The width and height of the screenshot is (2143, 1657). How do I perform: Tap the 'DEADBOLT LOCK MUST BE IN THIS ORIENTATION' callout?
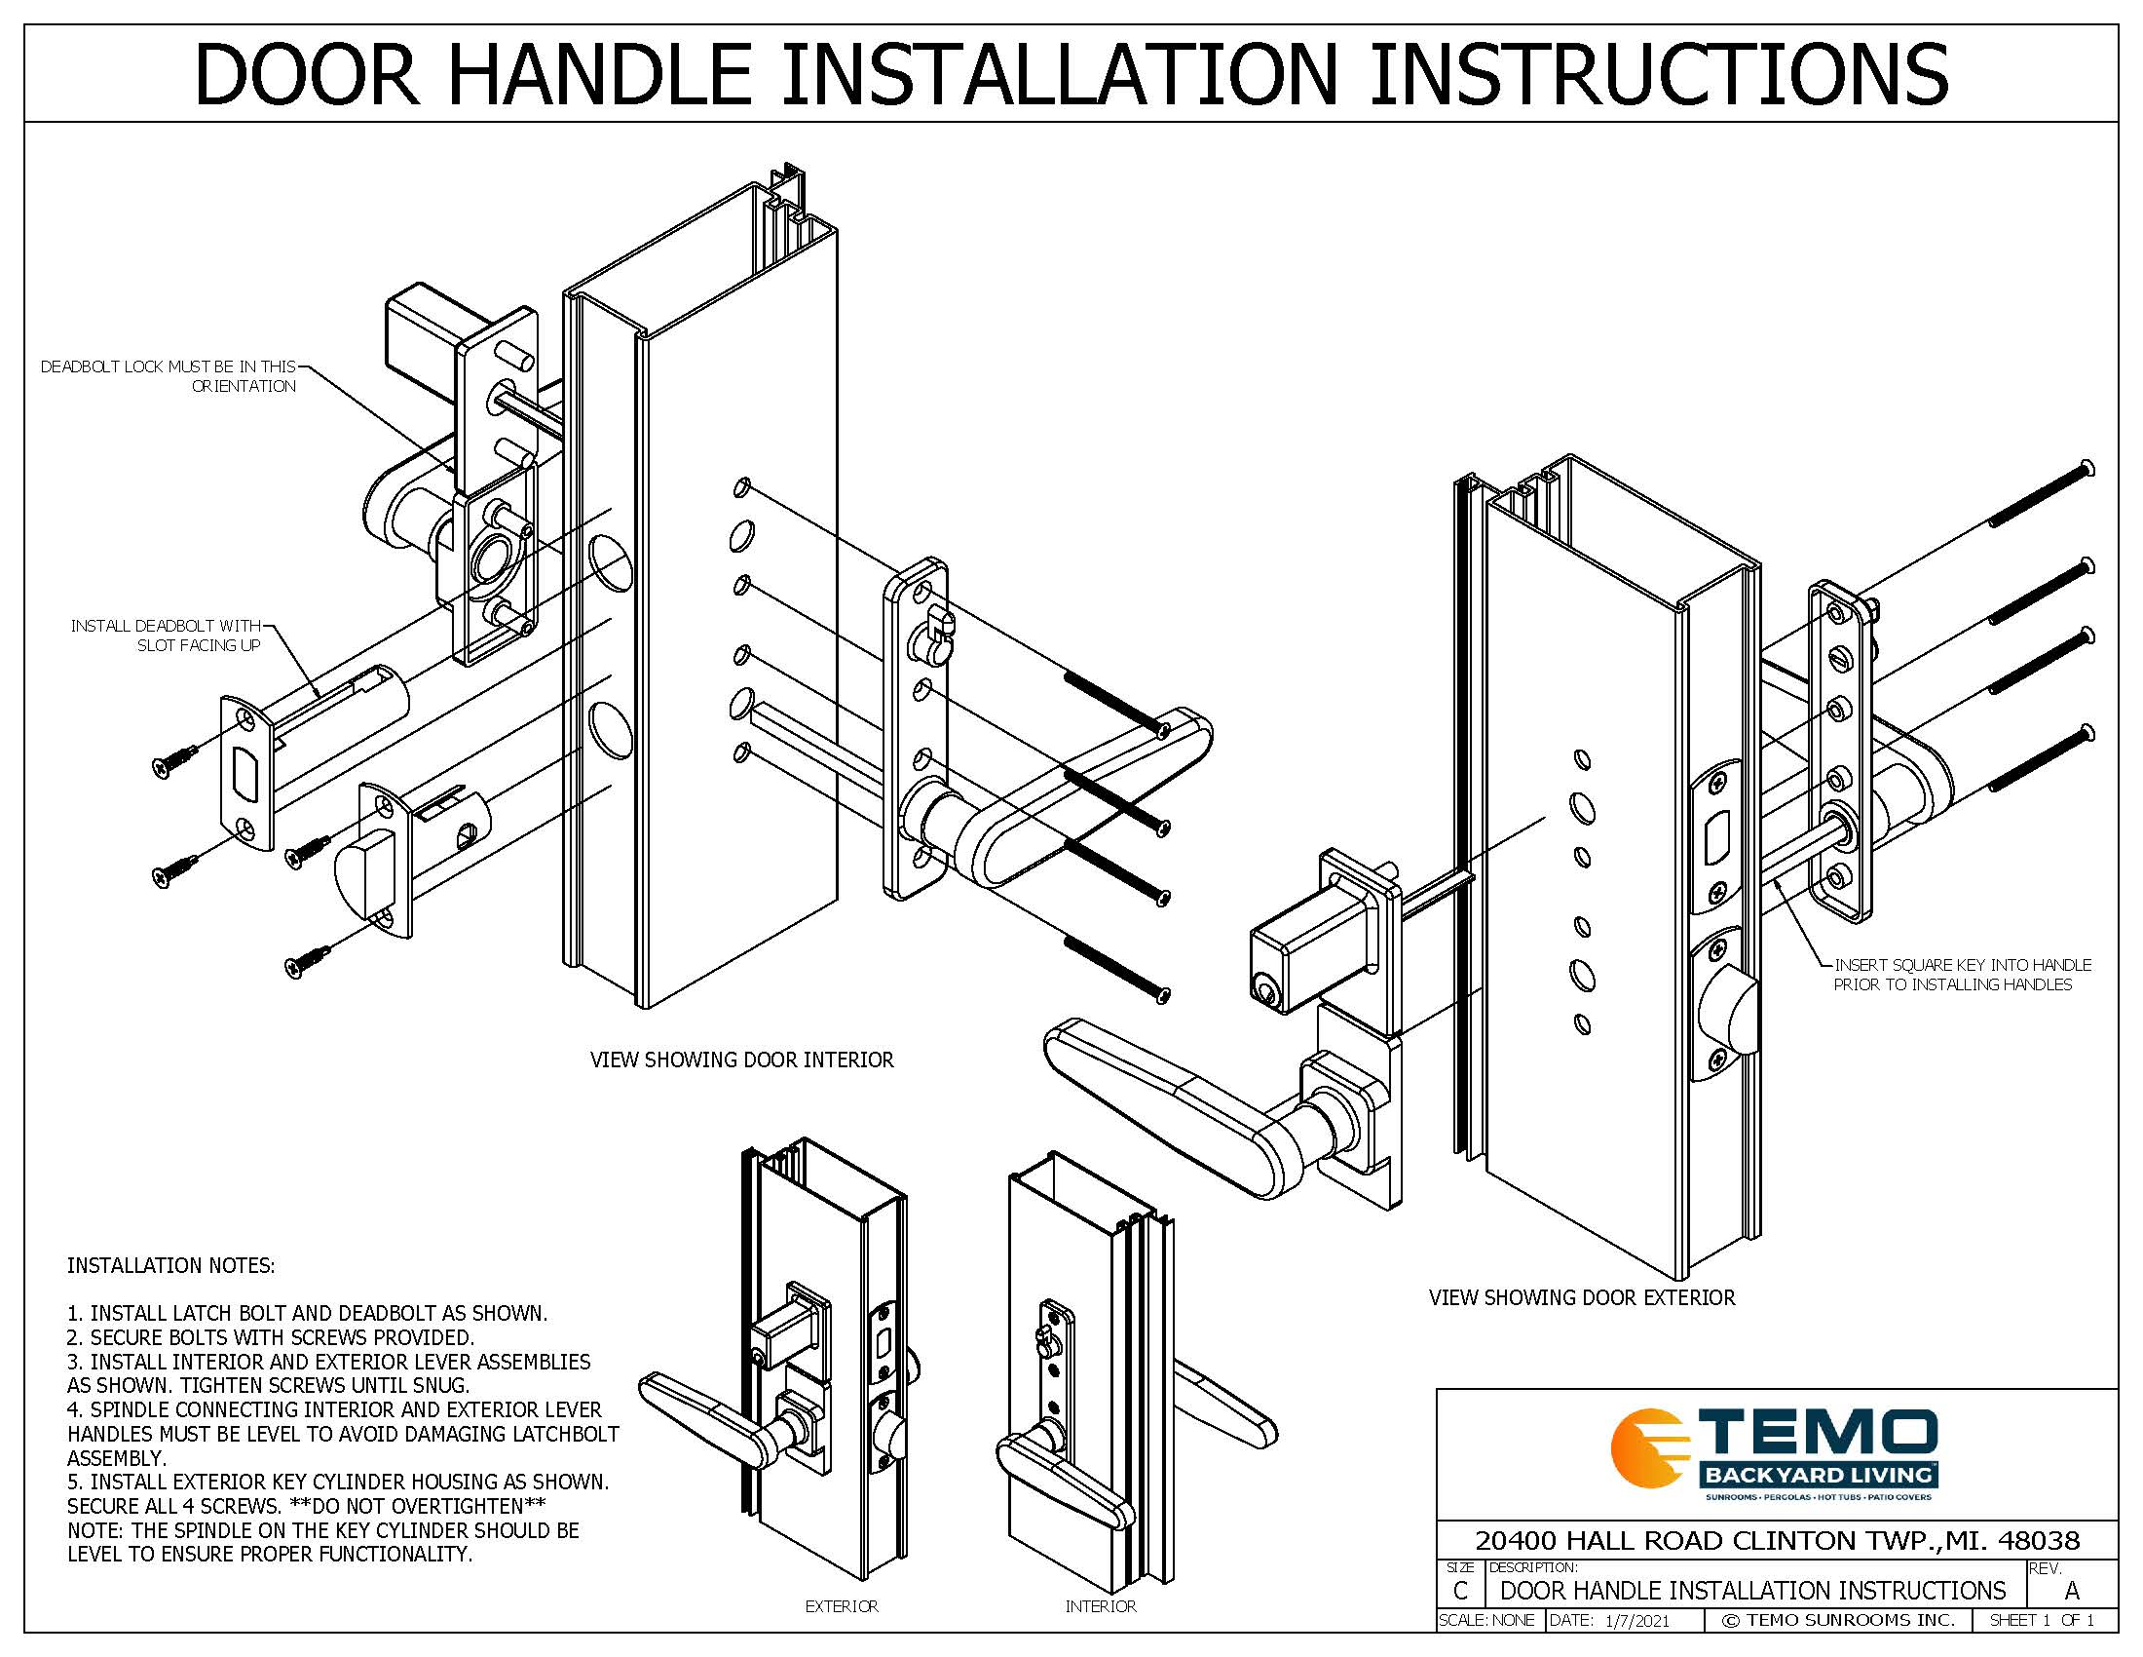coord(168,376)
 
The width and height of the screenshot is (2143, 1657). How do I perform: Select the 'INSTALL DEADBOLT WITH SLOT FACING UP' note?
coord(166,636)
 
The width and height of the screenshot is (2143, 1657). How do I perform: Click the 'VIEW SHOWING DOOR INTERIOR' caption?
coord(742,1060)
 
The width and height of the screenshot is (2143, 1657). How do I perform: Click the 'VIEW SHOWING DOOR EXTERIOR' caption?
coord(1582,1297)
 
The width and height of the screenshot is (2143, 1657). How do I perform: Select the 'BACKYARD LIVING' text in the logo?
coord(1819,1475)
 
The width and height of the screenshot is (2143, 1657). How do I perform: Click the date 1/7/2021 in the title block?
coord(1635,1620)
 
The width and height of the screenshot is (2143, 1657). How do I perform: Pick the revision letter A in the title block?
coord(2071,1591)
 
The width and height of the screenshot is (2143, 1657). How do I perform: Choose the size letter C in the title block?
coord(1460,1591)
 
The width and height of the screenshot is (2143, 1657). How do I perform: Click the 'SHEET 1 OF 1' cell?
coord(2042,1620)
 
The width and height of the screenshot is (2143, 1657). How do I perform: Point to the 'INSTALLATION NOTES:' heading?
coord(170,1265)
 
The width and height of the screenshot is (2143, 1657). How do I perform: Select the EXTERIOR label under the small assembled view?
coord(842,1606)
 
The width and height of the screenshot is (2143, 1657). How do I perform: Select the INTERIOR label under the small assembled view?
coord(1101,1606)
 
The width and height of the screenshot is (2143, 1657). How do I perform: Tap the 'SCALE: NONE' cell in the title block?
coord(1486,1620)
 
